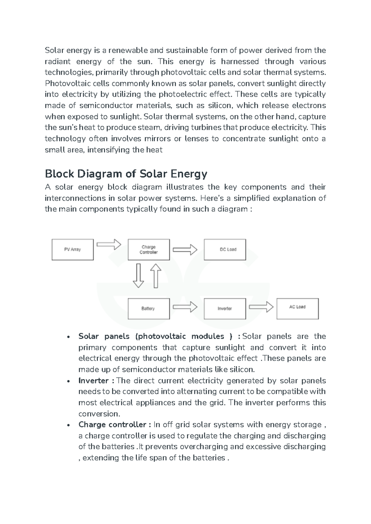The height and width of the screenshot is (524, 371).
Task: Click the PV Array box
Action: (72, 249)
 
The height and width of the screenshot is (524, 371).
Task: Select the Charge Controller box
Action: (149, 249)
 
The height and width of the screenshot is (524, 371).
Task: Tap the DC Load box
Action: (225, 249)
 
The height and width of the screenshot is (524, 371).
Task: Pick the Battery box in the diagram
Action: (149, 308)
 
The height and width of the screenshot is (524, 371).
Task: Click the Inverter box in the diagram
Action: (225, 308)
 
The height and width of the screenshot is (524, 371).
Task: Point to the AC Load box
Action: (297, 308)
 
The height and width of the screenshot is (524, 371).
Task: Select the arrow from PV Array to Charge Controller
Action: (109, 244)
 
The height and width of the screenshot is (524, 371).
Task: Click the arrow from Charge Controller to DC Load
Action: (185, 249)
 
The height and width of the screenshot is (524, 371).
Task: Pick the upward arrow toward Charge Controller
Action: (156, 276)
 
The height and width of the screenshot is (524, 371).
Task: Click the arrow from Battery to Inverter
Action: (185, 307)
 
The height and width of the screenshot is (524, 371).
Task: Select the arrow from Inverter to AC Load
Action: (261, 307)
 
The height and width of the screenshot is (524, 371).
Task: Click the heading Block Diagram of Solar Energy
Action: (126, 174)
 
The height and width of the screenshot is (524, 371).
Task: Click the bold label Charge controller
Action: (112, 425)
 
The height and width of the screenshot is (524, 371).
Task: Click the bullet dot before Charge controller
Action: (68, 425)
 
